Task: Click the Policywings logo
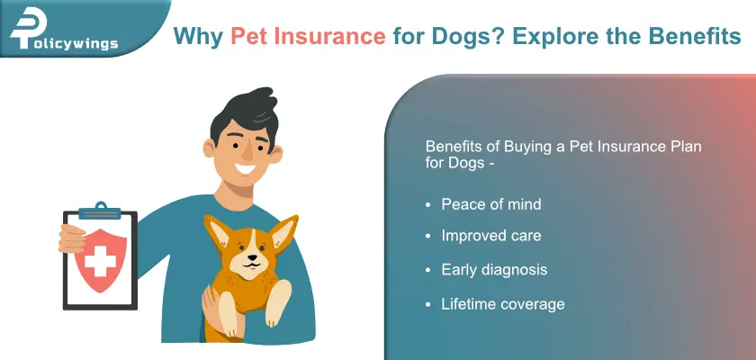pyautogui.click(x=63, y=35)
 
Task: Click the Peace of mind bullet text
pyautogui.click(x=490, y=204)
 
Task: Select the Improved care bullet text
pyautogui.click(x=490, y=237)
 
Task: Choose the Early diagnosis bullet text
pyautogui.click(x=493, y=270)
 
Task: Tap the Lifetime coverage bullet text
pyautogui.click(x=502, y=303)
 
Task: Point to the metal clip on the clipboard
pyautogui.click(x=98, y=211)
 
